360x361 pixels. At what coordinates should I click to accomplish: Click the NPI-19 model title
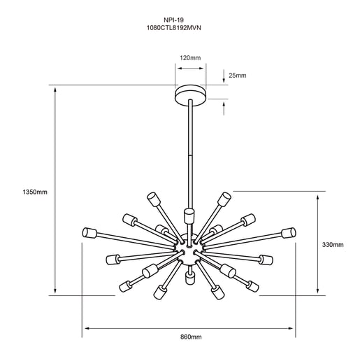[x=173, y=20]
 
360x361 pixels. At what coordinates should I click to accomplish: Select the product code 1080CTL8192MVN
[x=173, y=28]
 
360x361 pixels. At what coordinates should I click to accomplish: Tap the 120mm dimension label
[x=190, y=57]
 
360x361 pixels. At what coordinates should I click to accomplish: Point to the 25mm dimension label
[x=238, y=76]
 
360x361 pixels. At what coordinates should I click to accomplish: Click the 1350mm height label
[x=35, y=192]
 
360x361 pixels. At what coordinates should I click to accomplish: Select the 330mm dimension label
[x=333, y=245]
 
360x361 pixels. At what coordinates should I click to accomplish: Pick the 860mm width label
[x=191, y=337]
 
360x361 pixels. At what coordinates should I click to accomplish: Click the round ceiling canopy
[x=191, y=96]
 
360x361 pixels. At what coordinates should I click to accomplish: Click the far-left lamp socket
[x=89, y=232]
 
